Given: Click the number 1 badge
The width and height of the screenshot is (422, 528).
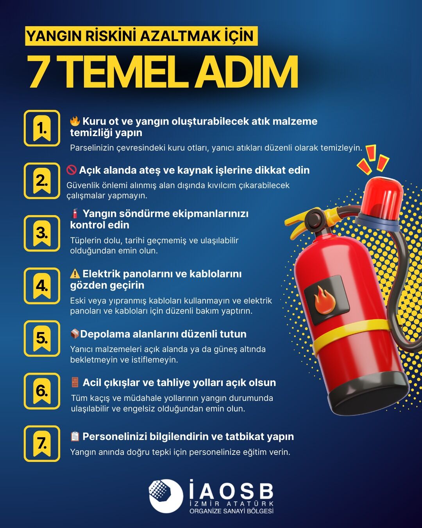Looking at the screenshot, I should pyautogui.click(x=42, y=128).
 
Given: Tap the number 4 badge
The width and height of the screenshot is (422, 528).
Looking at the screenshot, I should pyautogui.click(x=42, y=286).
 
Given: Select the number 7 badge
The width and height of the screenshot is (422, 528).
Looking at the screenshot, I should pyautogui.click(x=42, y=444).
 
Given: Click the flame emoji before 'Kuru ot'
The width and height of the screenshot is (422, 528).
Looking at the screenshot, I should pyautogui.click(x=75, y=121).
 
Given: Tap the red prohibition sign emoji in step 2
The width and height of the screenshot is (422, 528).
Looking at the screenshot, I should pyautogui.click(x=72, y=170).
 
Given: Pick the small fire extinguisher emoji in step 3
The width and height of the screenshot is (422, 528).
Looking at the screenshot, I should pyautogui.click(x=75, y=214).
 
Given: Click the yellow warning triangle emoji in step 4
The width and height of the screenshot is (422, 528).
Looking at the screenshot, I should pyautogui.click(x=75, y=273).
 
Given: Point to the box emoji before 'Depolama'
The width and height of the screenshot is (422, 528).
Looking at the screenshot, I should pyautogui.click(x=75, y=334).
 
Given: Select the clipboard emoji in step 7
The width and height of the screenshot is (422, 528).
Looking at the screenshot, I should pyautogui.click(x=75, y=436).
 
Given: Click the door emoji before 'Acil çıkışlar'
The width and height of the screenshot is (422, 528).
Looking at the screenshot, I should pyautogui.click(x=75, y=382).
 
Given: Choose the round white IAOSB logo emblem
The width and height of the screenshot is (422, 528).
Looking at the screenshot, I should pyautogui.click(x=166, y=496).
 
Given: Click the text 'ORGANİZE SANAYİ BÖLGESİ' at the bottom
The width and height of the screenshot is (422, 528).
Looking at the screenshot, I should pyautogui.click(x=231, y=511).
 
